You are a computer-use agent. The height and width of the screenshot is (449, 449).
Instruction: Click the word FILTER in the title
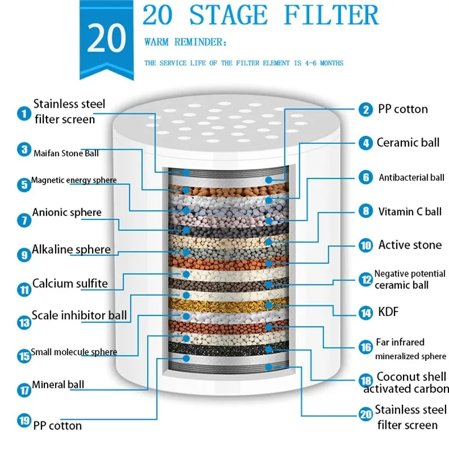point(331,15)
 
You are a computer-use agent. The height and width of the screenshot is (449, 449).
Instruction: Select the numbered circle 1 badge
point(24,113)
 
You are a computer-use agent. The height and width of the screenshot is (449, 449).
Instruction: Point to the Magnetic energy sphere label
point(74,180)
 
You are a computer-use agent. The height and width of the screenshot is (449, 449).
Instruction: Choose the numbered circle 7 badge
point(24,220)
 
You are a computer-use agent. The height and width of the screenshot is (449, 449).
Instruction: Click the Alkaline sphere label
point(71,249)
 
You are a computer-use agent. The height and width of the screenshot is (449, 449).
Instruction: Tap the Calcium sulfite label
point(70,283)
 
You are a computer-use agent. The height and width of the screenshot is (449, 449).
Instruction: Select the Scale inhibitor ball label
point(79,315)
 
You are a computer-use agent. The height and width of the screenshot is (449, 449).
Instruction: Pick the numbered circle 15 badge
point(24,355)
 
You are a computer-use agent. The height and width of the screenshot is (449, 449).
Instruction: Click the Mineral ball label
point(58,384)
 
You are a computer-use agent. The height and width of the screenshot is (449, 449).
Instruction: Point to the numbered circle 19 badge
point(24,420)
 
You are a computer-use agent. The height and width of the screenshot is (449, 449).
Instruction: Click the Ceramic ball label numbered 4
point(407,143)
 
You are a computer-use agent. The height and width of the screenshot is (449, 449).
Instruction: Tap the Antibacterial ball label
point(411,178)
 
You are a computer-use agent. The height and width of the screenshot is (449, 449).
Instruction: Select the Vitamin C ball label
point(410,212)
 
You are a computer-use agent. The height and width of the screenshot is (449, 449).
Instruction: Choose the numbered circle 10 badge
point(366,245)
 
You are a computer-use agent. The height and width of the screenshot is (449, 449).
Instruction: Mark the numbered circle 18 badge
point(366,380)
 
